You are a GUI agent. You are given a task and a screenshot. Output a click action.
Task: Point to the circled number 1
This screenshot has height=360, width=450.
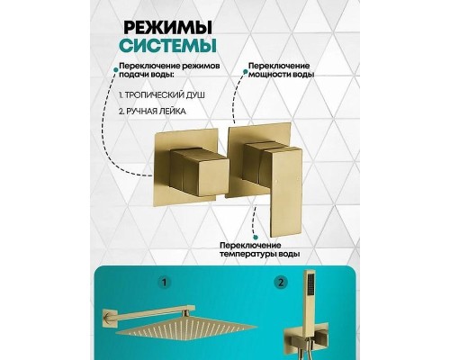pos(166,282)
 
